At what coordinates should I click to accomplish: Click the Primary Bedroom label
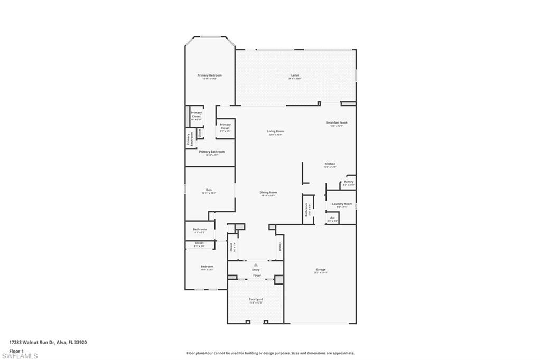(x=209, y=75)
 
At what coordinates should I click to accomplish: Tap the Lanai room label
(x=295, y=75)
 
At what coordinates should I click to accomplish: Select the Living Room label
(x=275, y=131)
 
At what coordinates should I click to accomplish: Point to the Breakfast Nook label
(x=337, y=122)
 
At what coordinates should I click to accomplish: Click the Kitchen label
(x=330, y=164)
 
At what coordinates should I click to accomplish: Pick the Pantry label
(x=348, y=182)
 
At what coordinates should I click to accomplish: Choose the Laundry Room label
(x=342, y=204)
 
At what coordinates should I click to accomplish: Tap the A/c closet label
(x=332, y=217)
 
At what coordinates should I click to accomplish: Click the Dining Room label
(x=268, y=192)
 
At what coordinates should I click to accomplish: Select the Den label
(x=209, y=190)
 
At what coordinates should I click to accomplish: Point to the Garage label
(x=321, y=270)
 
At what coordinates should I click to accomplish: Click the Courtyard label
(x=256, y=299)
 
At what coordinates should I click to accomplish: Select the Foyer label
(x=256, y=276)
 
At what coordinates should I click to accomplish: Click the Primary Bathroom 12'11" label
(x=211, y=152)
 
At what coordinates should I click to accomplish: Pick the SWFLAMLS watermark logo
(x=20, y=356)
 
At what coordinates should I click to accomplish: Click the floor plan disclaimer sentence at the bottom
(x=270, y=353)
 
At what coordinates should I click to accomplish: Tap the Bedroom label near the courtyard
(x=207, y=267)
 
